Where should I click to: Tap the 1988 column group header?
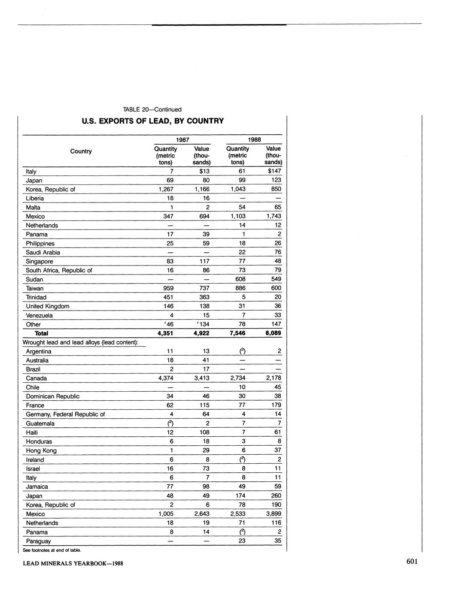click(x=254, y=139)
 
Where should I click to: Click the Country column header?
click(x=81, y=151)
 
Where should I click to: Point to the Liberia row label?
click(x=35, y=198)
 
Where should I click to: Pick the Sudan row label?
click(x=34, y=279)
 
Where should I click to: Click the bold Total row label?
click(x=41, y=333)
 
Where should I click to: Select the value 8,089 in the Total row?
click(x=273, y=333)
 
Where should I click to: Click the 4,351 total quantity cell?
click(x=165, y=333)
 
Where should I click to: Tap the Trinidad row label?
click(x=36, y=297)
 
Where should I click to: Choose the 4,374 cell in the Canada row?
click(x=165, y=378)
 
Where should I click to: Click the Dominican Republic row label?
click(x=52, y=396)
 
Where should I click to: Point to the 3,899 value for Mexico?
click(x=273, y=514)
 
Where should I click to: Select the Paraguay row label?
click(x=38, y=541)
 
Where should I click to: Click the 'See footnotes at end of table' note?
click(x=52, y=550)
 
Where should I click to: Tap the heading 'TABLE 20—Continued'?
click(x=152, y=109)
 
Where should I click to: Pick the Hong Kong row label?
click(x=41, y=450)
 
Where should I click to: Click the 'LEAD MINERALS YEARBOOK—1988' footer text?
click(x=73, y=563)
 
